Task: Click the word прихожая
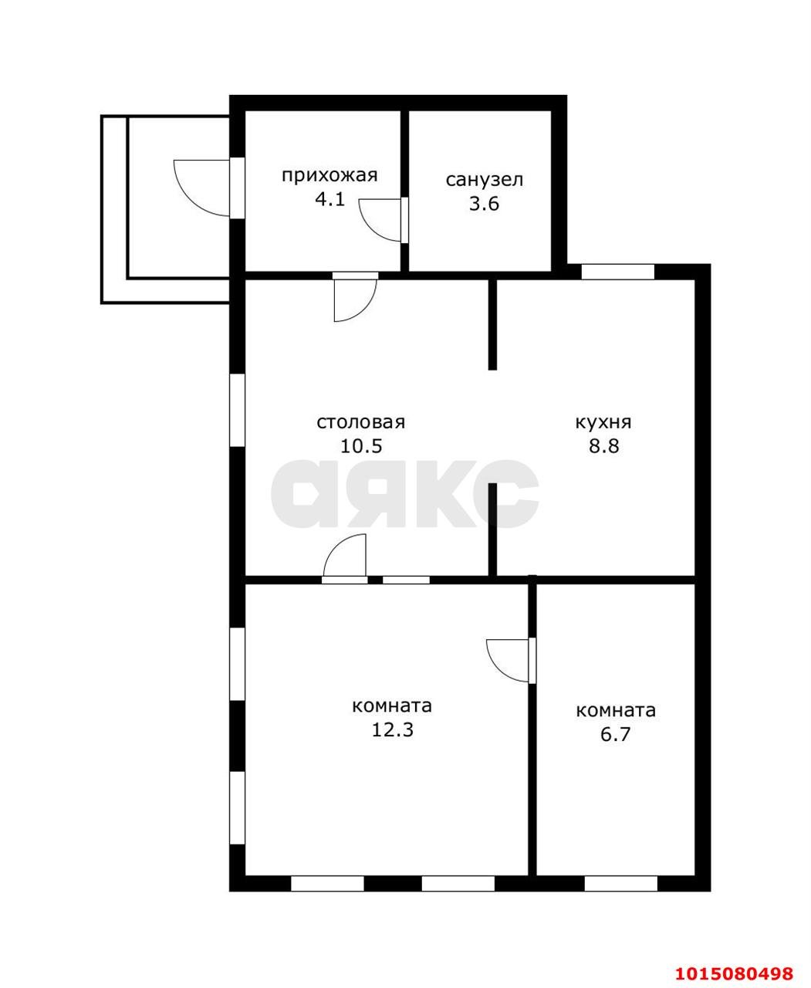329,176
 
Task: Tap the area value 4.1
329,200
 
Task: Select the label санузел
484,180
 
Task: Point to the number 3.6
484,204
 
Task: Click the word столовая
360,422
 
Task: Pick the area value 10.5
361,445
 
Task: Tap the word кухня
603,422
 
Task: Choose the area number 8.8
604,445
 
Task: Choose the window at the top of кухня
617,272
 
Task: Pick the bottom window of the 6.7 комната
621,884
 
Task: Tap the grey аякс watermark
404,494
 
